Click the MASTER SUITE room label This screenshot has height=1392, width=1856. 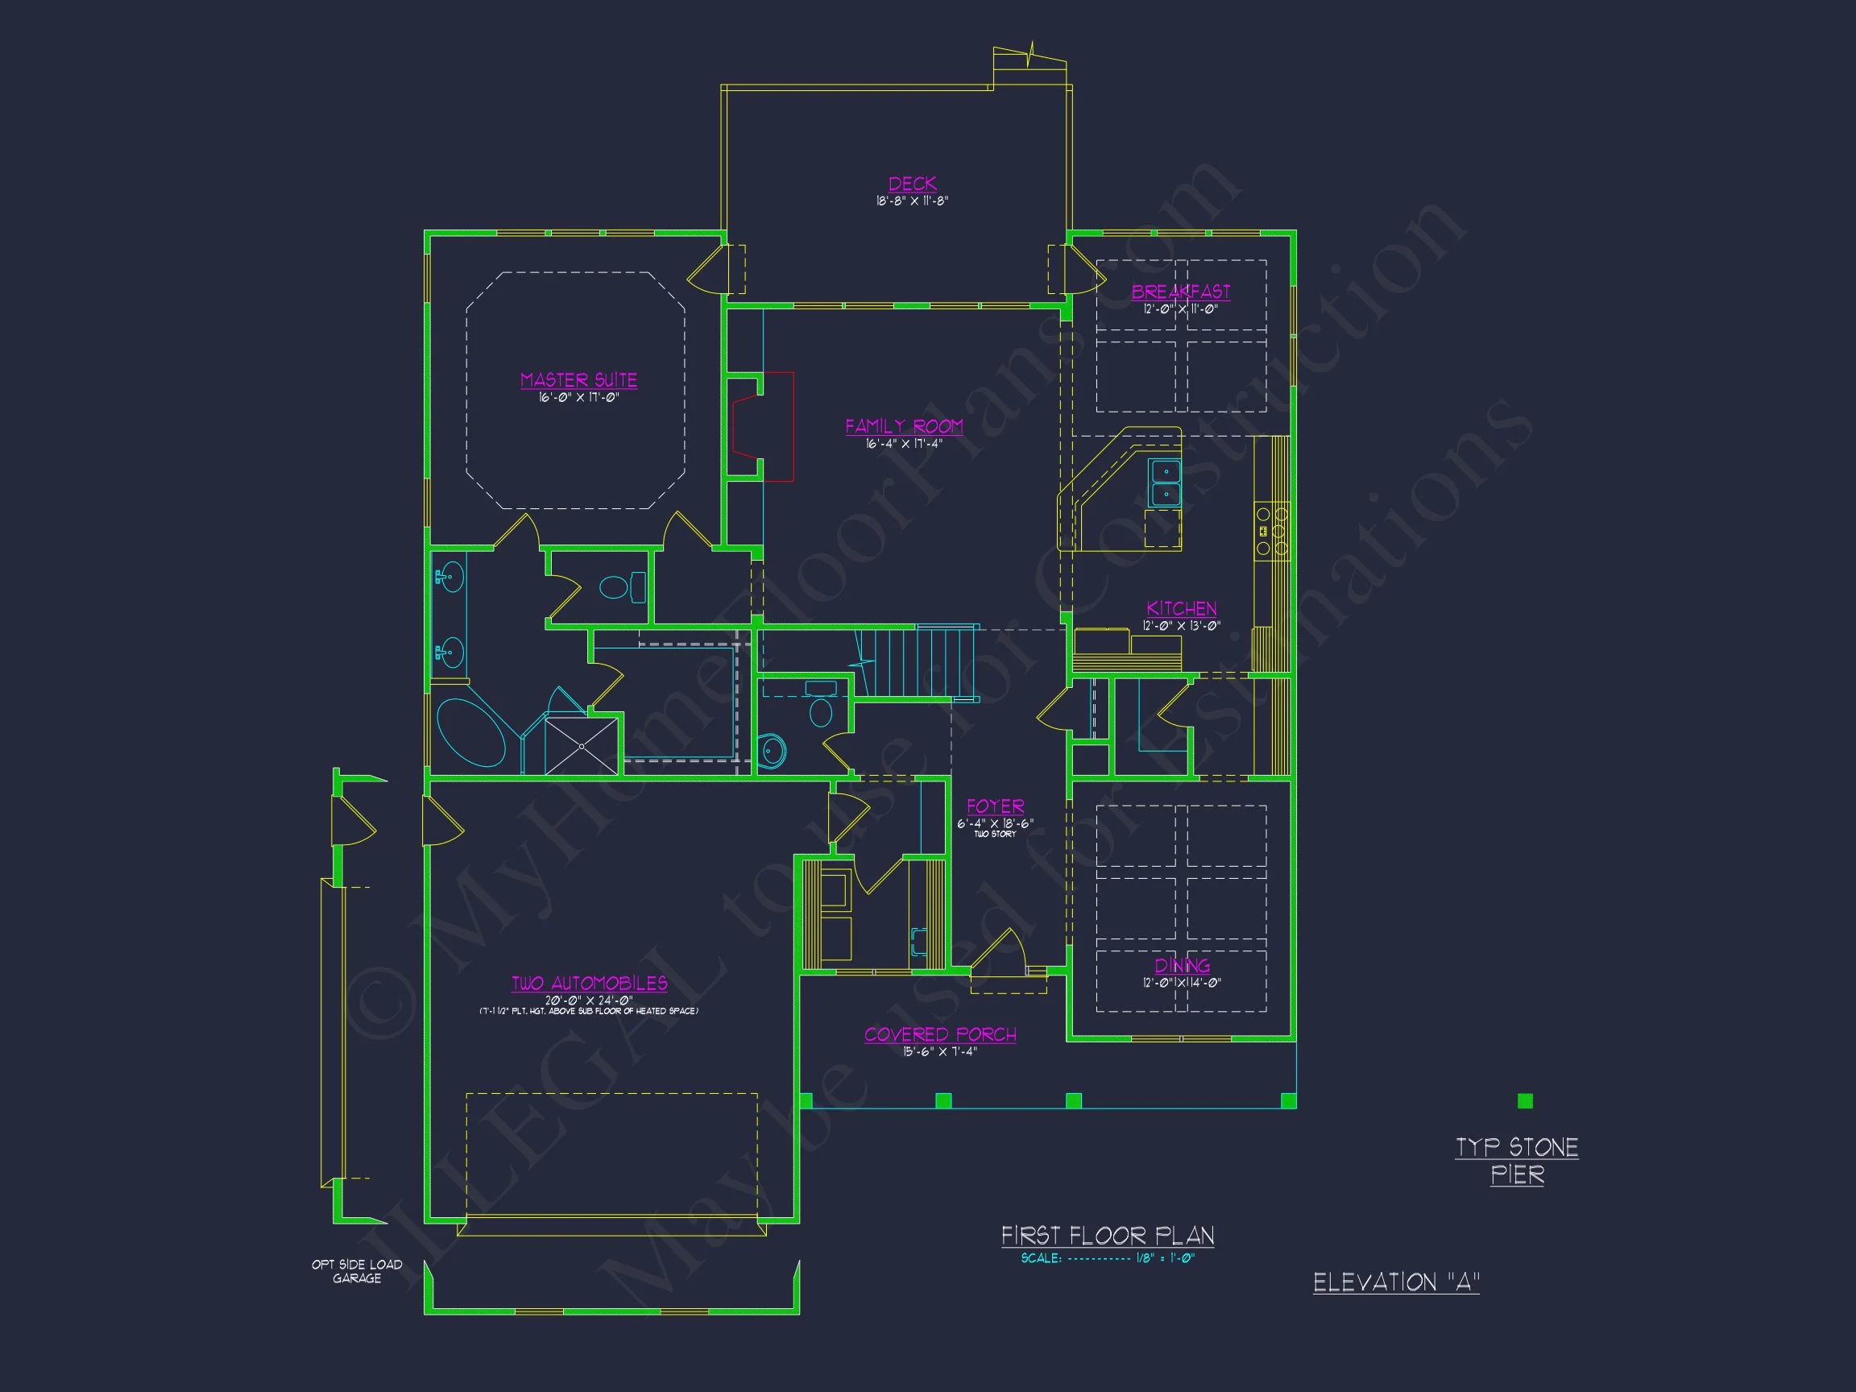[x=578, y=380]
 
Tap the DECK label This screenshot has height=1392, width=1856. [x=912, y=184]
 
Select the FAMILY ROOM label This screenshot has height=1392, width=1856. [x=904, y=426]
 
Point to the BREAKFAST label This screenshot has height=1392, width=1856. [x=1181, y=291]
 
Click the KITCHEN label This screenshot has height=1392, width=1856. [x=1182, y=608]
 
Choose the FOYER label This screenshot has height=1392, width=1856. [x=995, y=806]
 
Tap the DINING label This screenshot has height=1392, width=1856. [x=1182, y=966]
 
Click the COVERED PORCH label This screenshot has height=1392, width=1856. [x=940, y=1034]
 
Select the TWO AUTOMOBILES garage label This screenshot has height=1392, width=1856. [x=589, y=984]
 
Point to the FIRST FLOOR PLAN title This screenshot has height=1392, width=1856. [x=1108, y=1236]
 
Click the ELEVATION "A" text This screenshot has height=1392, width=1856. [x=1396, y=1282]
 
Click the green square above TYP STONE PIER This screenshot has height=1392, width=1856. [x=1526, y=1102]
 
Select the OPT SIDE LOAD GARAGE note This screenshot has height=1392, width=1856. [x=357, y=1271]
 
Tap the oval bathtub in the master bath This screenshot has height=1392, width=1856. [x=470, y=733]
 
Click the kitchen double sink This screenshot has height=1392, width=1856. [x=1165, y=482]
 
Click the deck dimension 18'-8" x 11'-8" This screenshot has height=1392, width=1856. [x=912, y=201]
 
